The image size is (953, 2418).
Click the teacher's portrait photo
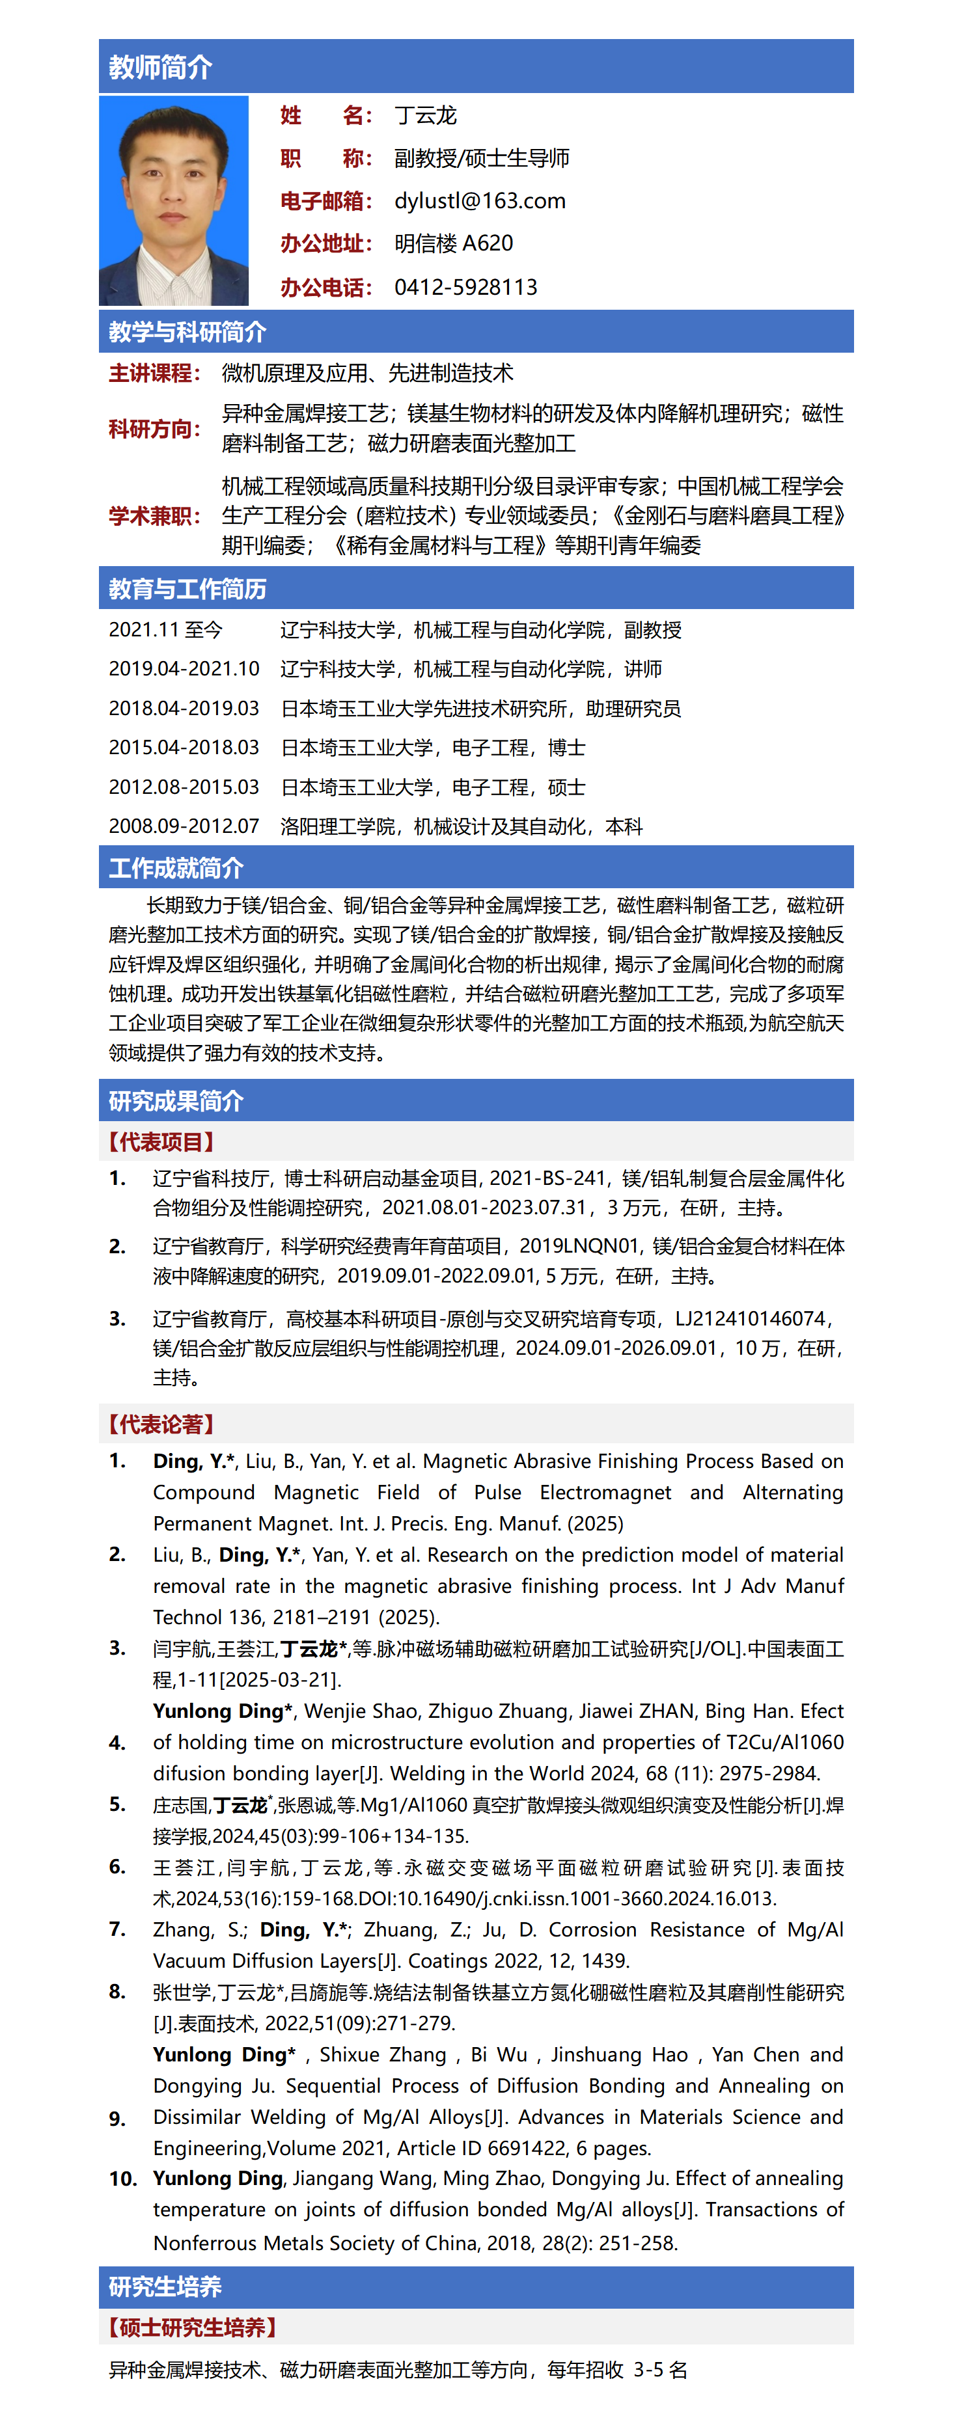pyautogui.click(x=174, y=201)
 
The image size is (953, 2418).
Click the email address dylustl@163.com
pyautogui.click(x=480, y=201)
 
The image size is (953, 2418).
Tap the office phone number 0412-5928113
pyautogui.click(x=465, y=287)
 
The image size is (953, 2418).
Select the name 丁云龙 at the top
pyautogui.click(x=425, y=115)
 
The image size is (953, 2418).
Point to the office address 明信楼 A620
pyautogui.click(x=454, y=244)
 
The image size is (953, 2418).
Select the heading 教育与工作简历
pyautogui.click(x=187, y=590)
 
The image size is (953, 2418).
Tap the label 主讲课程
pyautogui.click(x=154, y=374)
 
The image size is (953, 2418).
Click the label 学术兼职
pyautogui.click(x=154, y=516)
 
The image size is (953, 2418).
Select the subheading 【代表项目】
pyautogui.click(x=161, y=1143)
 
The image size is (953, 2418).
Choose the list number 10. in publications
pyautogui.click(x=123, y=2179)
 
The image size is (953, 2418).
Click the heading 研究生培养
pyautogui.click(x=165, y=2287)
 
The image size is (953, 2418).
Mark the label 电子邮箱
pyautogui.click(x=326, y=201)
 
